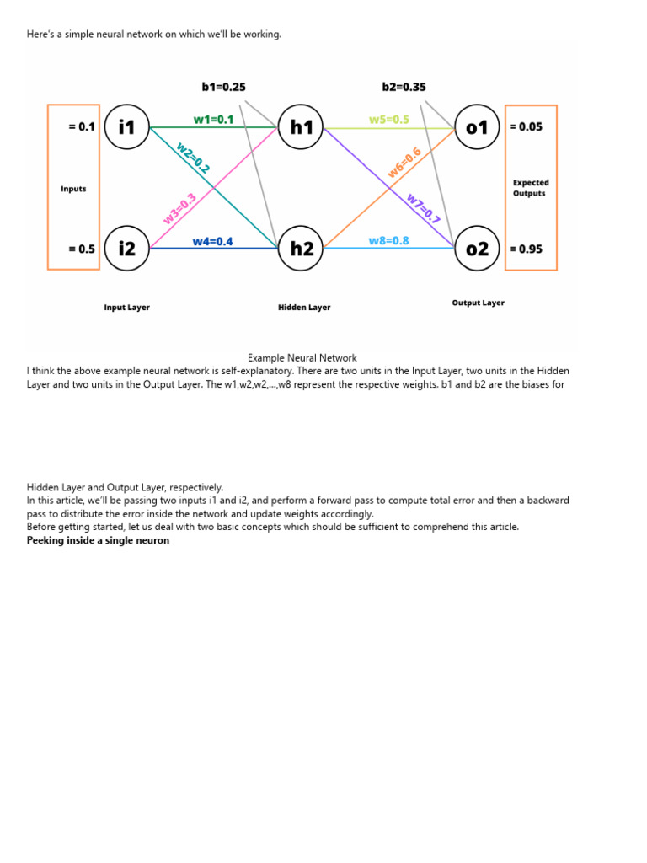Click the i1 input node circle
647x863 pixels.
pyautogui.click(x=127, y=128)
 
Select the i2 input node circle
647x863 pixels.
pyautogui.click(x=127, y=249)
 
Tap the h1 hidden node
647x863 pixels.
pyautogui.click(x=302, y=128)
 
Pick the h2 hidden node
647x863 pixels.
pyautogui.click(x=302, y=249)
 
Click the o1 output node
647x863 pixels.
pyautogui.click(x=477, y=128)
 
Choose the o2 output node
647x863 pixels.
pyautogui.click(x=477, y=249)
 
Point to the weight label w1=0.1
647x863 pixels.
pyautogui.click(x=214, y=120)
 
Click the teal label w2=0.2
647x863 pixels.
pyautogui.click(x=192, y=157)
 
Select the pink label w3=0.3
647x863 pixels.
pyautogui.click(x=180, y=209)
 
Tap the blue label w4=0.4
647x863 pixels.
pyautogui.click(x=212, y=242)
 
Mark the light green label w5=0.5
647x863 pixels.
pyautogui.click(x=388, y=120)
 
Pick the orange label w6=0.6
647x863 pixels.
pyautogui.click(x=404, y=163)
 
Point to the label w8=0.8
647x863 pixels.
pyautogui.click(x=388, y=241)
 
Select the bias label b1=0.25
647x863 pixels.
pyautogui.click(x=224, y=86)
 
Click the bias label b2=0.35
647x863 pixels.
pyautogui.click(x=404, y=86)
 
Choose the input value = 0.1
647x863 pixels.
pyautogui.click(x=82, y=127)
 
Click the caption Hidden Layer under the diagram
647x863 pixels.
pyautogui.click(x=304, y=308)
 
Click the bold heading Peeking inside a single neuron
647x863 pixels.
pyautogui.click(x=98, y=540)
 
